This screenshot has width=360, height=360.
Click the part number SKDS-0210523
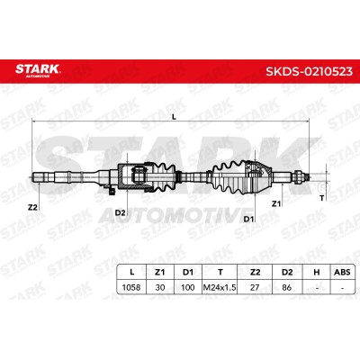tap(309, 71)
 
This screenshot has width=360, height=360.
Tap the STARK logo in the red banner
tap(38, 70)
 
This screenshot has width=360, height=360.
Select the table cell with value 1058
tap(131, 287)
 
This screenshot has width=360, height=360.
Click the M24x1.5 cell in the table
tap(220, 287)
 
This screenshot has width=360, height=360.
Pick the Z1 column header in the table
tap(160, 272)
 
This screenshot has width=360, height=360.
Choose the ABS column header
tap(342, 272)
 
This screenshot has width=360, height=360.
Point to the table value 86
tap(287, 287)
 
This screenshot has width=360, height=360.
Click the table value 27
tap(255, 287)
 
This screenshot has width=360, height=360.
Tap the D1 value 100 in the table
tap(188, 287)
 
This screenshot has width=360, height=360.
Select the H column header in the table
tap(317, 272)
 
